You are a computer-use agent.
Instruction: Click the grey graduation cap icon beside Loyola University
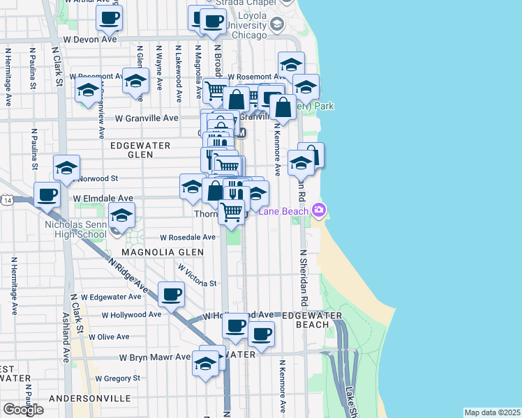tap(277, 26)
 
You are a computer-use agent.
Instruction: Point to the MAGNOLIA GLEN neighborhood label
tap(163, 252)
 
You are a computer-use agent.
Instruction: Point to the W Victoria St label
tap(197, 275)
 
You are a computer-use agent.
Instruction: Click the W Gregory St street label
tap(118, 378)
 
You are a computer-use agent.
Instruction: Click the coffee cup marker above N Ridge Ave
tap(171, 294)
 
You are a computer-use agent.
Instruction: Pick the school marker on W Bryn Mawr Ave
tap(204, 364)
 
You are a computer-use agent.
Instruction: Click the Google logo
tap(22, 410)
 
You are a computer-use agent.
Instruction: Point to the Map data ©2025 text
tap(491, 412)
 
